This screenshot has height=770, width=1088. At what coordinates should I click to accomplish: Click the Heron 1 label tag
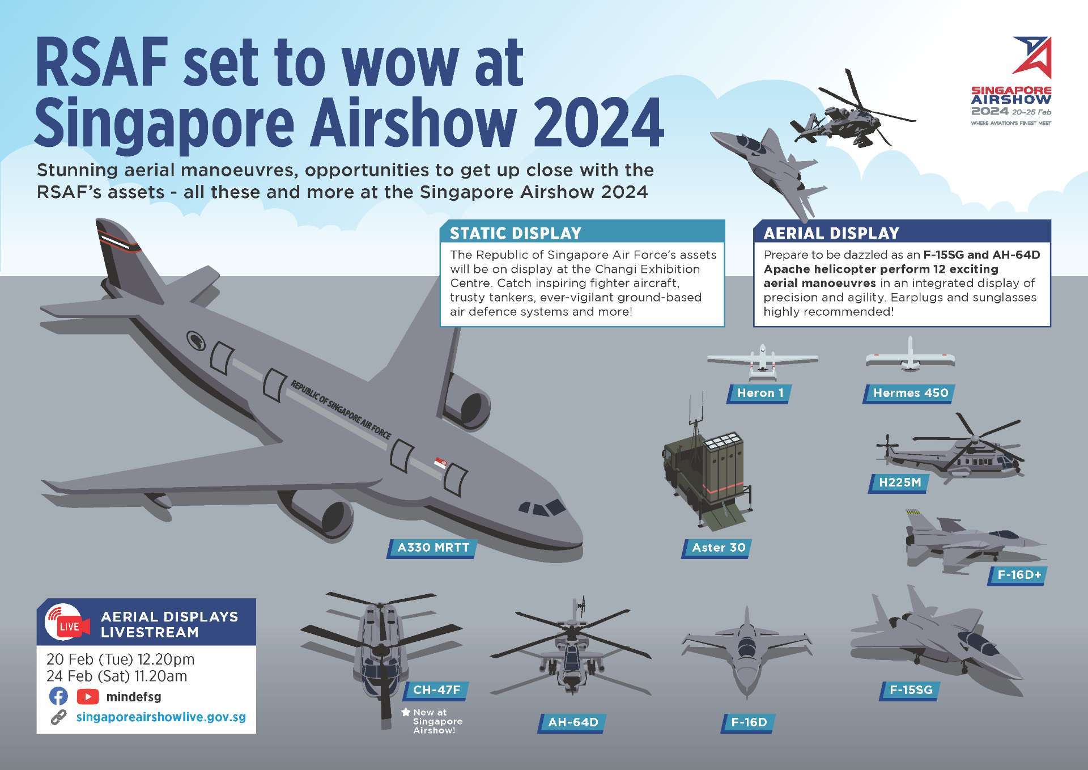[759, 394]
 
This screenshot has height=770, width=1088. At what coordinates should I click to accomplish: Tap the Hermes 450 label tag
[909, 394]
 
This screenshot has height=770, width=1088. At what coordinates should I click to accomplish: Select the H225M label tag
[899, 483]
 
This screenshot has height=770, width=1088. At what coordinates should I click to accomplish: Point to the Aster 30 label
[717, 548]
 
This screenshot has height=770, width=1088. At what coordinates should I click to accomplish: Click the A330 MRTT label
[432, 548]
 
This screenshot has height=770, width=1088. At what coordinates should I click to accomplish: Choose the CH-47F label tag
[436, 691]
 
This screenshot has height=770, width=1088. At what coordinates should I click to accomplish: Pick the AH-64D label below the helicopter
[572, 723]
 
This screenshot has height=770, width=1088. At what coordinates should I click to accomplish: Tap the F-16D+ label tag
[1018, 576]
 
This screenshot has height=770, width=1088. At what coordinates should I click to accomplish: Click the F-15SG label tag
[910, 691]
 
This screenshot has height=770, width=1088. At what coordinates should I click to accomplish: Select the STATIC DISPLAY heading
[516, 234]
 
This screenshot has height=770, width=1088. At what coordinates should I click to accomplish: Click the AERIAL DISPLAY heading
[831, 234]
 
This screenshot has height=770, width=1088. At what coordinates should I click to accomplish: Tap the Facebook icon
[58, 696]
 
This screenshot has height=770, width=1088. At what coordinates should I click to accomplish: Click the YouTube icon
[87, 696]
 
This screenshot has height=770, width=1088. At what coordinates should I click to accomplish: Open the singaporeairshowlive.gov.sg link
[161, 717]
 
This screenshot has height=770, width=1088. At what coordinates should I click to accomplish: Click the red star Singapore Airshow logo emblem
[1032, 57]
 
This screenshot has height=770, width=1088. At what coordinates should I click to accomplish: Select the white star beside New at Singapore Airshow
[406, 712]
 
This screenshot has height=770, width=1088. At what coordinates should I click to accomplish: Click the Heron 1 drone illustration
[762, 362]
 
